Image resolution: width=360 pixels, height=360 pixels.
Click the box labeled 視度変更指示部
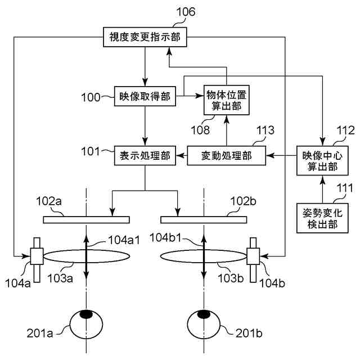coord(144,38)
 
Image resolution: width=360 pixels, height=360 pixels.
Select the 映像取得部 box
coord(145,96)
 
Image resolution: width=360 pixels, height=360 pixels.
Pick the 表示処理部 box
coord(145,154)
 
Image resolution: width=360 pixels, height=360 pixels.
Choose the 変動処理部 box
coord(226,154)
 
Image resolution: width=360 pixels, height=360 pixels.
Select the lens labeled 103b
coord(203,256)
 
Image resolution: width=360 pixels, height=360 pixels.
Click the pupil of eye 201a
coord(86,314)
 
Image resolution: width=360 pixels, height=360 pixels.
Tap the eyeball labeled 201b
coord(203,326)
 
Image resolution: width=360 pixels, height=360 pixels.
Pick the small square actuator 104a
coord(37,256)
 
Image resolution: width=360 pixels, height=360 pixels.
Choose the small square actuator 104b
coord(254,256)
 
